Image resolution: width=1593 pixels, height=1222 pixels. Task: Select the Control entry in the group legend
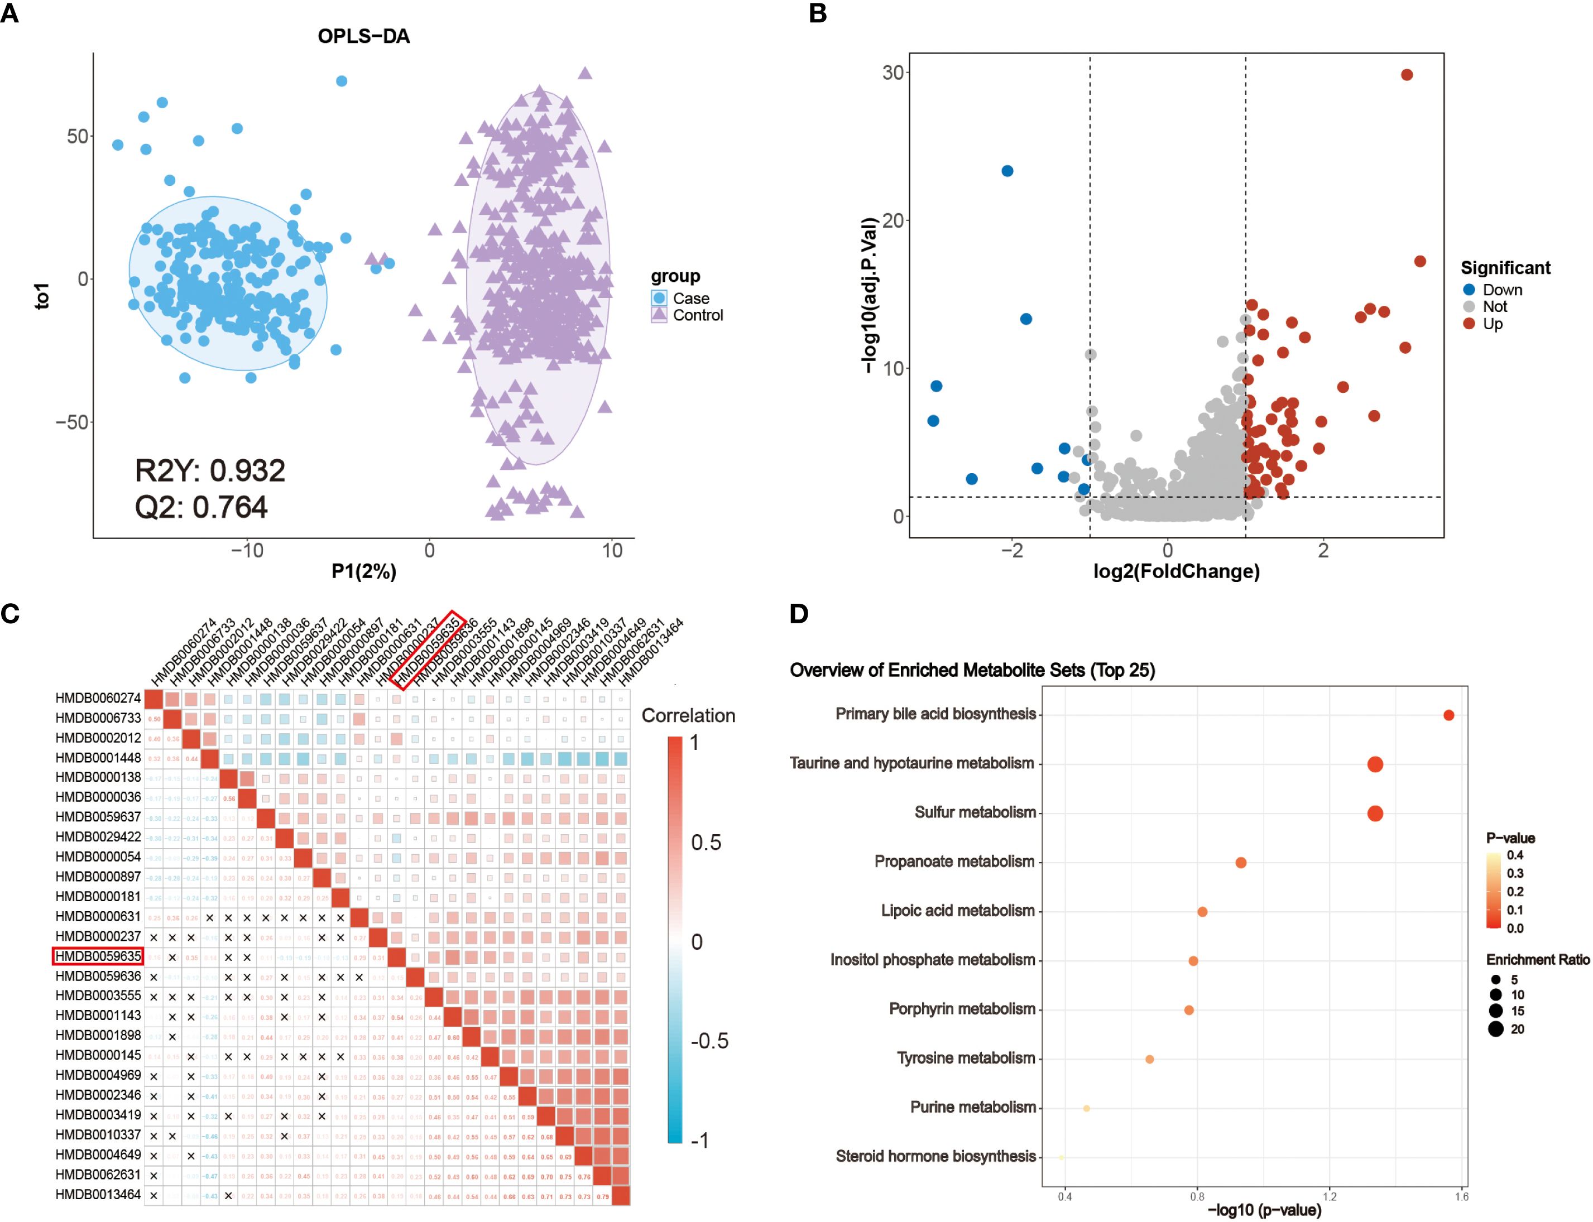tap(697, 315)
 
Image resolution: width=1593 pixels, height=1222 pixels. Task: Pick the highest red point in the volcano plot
tap(1406, 75)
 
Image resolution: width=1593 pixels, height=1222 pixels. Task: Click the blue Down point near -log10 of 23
tap(1007, 171)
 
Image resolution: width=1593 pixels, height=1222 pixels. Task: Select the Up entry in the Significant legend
tap(1492, 324)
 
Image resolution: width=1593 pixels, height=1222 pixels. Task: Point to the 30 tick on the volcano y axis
tap(893, 73)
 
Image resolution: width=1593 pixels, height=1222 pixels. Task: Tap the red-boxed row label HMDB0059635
tap(98, 956)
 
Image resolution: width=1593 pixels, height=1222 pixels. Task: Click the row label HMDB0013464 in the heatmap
tap(98, 1194)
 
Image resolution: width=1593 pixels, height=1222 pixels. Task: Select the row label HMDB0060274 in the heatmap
tap(98, 697)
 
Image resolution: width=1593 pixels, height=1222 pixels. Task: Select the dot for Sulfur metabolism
tap(1374, 813)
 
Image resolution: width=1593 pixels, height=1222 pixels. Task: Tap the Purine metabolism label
tap(972, 1107)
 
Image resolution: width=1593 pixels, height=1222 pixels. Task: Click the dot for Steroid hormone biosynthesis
tap(1061, 1157)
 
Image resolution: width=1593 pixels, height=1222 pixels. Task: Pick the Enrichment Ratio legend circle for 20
tap(1495, 1028)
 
